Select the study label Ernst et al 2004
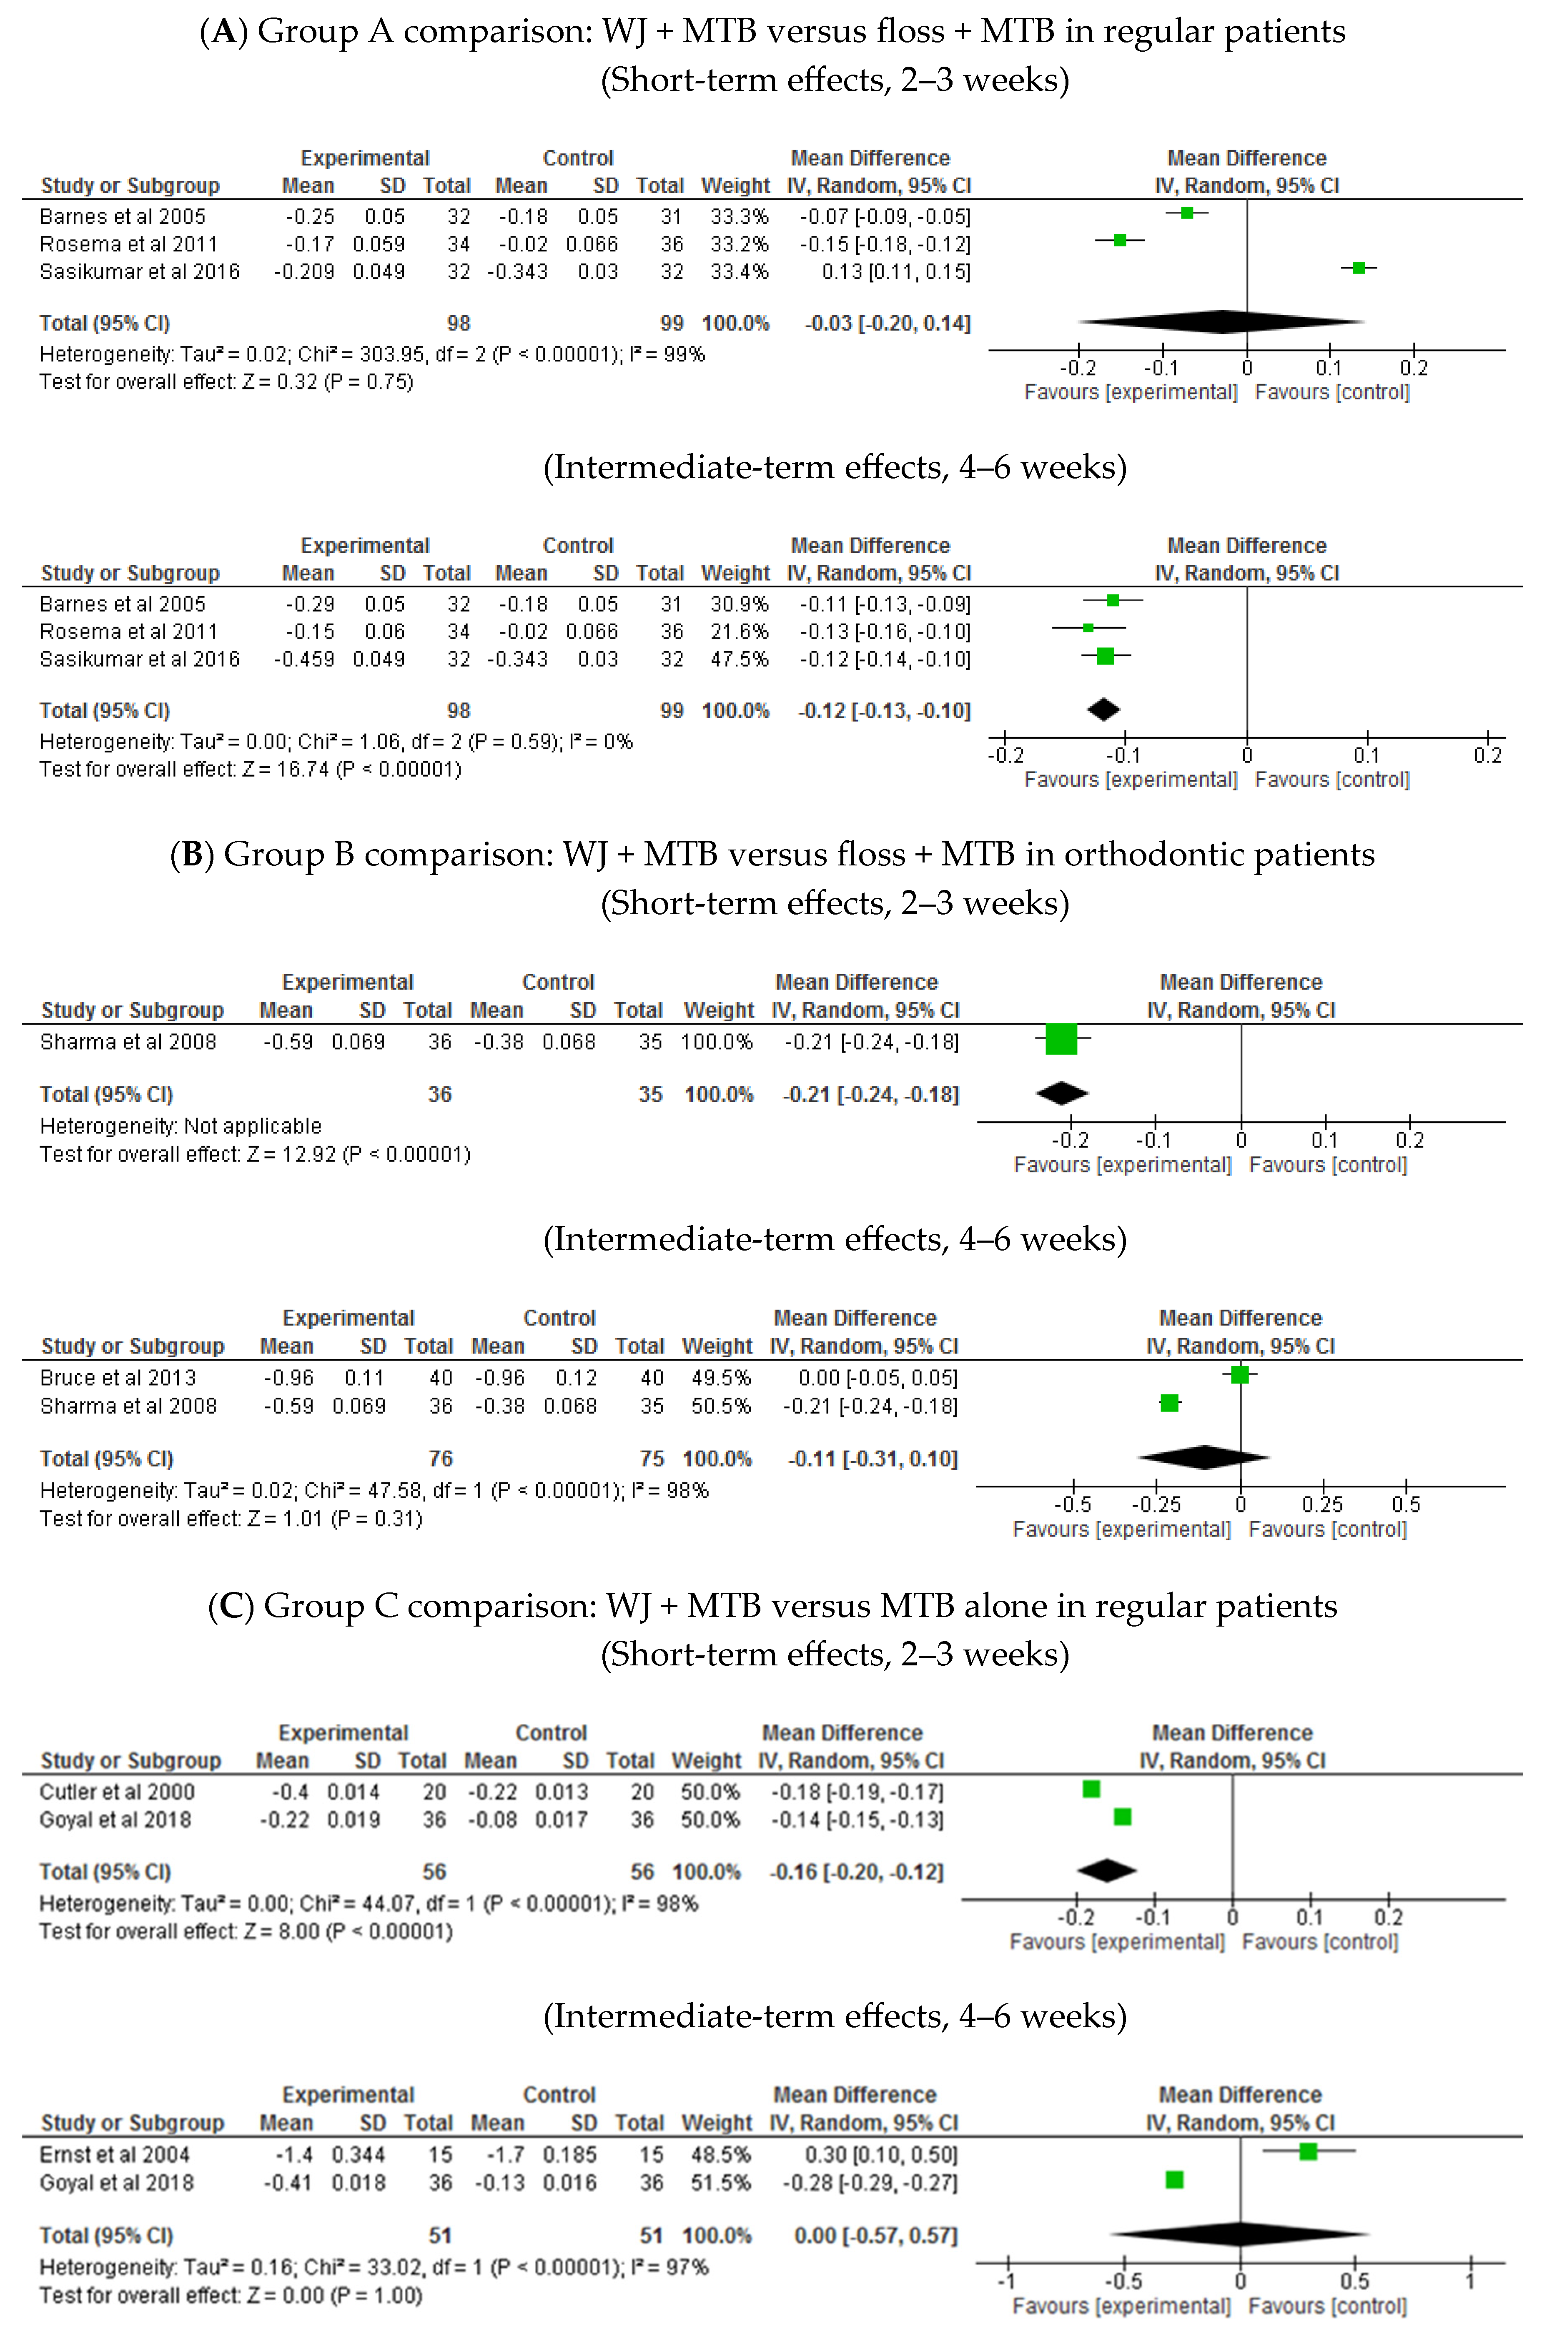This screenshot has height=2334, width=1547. click(x=113, y=2154)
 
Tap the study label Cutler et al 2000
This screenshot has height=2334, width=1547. click(x=116, y=1791)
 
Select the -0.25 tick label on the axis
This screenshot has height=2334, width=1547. click(x=1155, y=1504)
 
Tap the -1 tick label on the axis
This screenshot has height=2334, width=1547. click(x=1005, y=2281)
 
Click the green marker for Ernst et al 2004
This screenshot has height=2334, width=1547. click(x=1308, y=2151)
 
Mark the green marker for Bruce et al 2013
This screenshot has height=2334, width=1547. click(x=1240, y=1374)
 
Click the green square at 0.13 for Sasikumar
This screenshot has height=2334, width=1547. click(x=1359, y=267)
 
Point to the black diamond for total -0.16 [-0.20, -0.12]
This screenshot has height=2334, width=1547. click(x=1107, y=1869)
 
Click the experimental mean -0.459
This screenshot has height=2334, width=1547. click(x=305, y=659)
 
